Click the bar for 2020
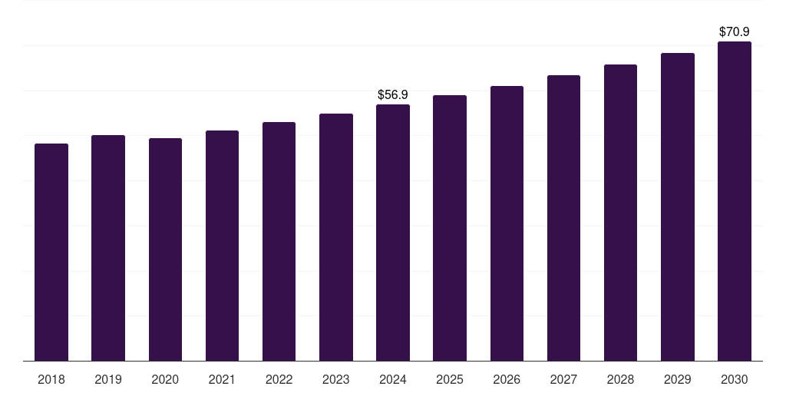[x=165, y=249]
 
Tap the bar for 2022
[x=279, y=241]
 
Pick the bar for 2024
[x=393, y=233]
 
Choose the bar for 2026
[x=507, y=223]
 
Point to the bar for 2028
[x=620, y=213]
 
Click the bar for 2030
[x=735, y=201]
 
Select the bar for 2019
[x=108, y=248]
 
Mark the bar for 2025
[x=450, y=228]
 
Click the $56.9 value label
[x=393, y=94]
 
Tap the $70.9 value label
[x=735, y=31]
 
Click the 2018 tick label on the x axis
[x=51, y=379]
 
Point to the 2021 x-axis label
[x=222, y=379]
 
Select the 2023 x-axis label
[x=335, y=379]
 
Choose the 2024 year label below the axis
[x=393, y=379]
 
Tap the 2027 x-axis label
[x=563, y=379]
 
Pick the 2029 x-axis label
[x=677, y=379]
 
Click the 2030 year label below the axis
[x=735, y=379]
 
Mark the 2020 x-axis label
[x=165, y=379]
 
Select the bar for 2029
[x=677, y=206]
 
